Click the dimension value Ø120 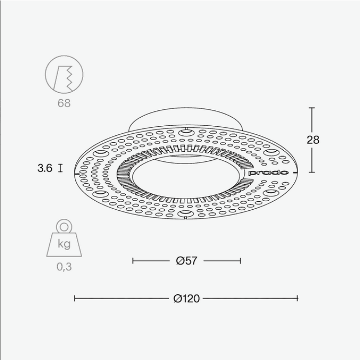click(x=186, y=299)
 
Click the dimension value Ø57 click(x=187, y=261)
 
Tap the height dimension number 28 click(x=313, y=140)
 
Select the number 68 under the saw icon click(x=64, y=103)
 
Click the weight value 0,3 click(x=64, y=267)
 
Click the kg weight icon click(x=64, y=240)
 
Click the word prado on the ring click(x=269, y=172)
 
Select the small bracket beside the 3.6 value click(x=60, y=168)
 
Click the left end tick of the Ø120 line click(x=75, y=299)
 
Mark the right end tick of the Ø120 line click(x=298, y=299)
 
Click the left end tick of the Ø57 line click(x=133, y=261)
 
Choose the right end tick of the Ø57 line click(x=240, y=261)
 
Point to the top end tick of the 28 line click(x=312, y=108)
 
